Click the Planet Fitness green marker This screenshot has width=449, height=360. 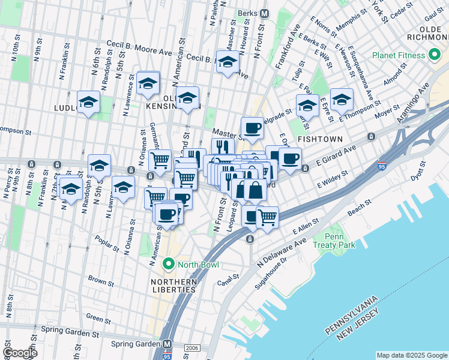pyautogui.click(x=435, y=56)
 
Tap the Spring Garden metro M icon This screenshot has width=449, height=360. pyautogui.click(x=169, y=344)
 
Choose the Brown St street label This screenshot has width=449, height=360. pyautogui.click(x=100, y=281)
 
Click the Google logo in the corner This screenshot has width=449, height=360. pyautogui.click(x=20, y=353)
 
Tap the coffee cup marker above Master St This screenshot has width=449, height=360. pyautogui.click(x=252, y=127)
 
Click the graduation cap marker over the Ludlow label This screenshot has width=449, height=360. pyautogui.click(x=88, y=103)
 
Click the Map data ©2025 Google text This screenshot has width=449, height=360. pyautogui.click(x=411, y=355)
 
